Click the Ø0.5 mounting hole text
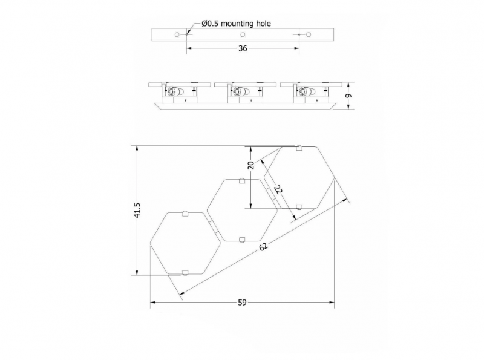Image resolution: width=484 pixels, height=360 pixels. coord(236,24)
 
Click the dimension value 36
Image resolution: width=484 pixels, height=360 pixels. coord(243,48)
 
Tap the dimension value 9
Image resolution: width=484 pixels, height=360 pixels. coord(348,96)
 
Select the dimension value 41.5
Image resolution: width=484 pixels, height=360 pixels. coord(137,210)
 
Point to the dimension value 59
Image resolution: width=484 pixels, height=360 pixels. coord(243,303)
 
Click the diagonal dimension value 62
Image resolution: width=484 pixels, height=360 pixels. coord(263,247)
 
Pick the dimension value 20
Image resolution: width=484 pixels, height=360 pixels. coord(251,165)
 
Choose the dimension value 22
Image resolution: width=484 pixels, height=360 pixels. coord(278,189)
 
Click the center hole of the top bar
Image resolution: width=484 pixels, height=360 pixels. coord(243,34)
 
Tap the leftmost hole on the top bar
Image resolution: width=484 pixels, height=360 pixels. coord(177,34)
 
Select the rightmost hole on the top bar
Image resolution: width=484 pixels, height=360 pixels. coord(309,34)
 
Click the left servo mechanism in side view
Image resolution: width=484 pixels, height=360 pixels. coord(179,93)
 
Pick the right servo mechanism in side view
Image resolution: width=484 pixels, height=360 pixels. coord(311,93)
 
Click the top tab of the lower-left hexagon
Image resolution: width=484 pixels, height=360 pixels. coord(185,214)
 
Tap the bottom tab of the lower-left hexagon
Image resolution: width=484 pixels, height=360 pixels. coord(185,272)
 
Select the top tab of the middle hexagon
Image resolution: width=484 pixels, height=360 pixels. coord(242,181)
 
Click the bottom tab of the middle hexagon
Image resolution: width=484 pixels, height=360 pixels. coord(242,240)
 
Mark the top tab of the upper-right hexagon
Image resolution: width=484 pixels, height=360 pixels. coord(299,148)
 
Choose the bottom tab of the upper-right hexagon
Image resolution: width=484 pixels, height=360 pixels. coord(299,207)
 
